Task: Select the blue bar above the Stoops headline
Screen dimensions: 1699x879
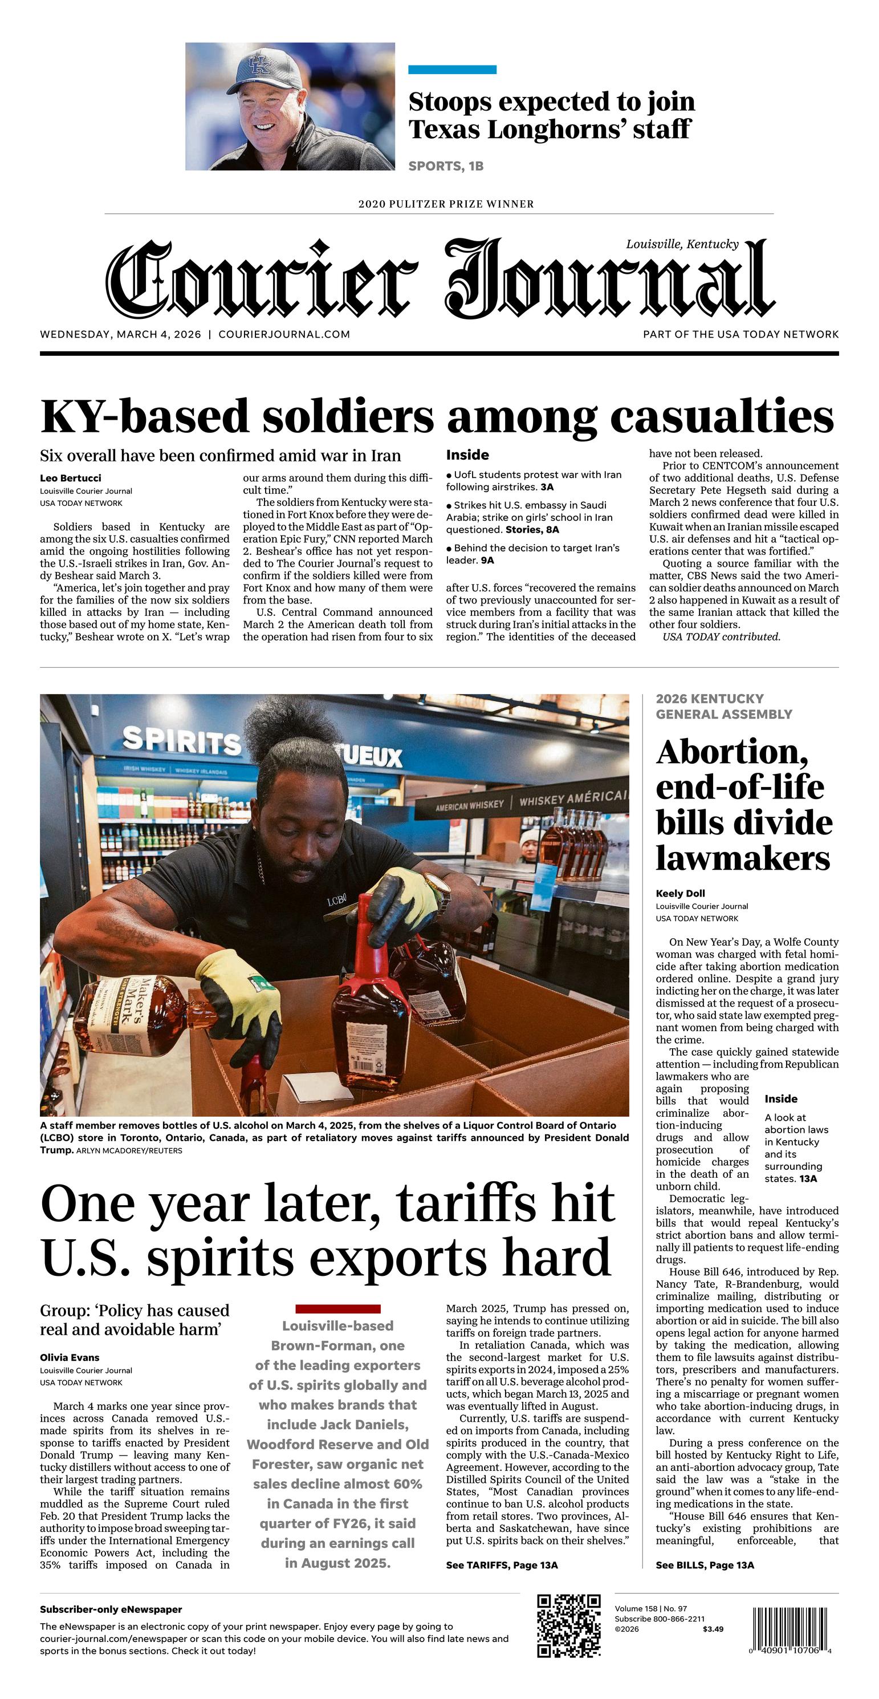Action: tap(453, 69)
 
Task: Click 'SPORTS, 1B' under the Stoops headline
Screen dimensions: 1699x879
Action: tap(446, 166)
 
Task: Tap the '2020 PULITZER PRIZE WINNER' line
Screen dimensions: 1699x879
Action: tap(446, 204)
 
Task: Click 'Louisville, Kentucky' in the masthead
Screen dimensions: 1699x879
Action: tap(682, 244)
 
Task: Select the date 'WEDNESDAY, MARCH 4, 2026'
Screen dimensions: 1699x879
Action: tap(121, 334)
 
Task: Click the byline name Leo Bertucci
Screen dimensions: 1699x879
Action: tap(71, 478)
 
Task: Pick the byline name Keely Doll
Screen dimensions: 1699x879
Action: tap(680, 894)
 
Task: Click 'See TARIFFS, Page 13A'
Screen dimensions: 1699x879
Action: tap(502, 1565)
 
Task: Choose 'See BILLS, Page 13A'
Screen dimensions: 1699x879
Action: tap(704, 1565)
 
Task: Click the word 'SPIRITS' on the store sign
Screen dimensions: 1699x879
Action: tap(182, 741)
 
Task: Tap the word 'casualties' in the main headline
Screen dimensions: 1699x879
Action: tap(722, 417)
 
